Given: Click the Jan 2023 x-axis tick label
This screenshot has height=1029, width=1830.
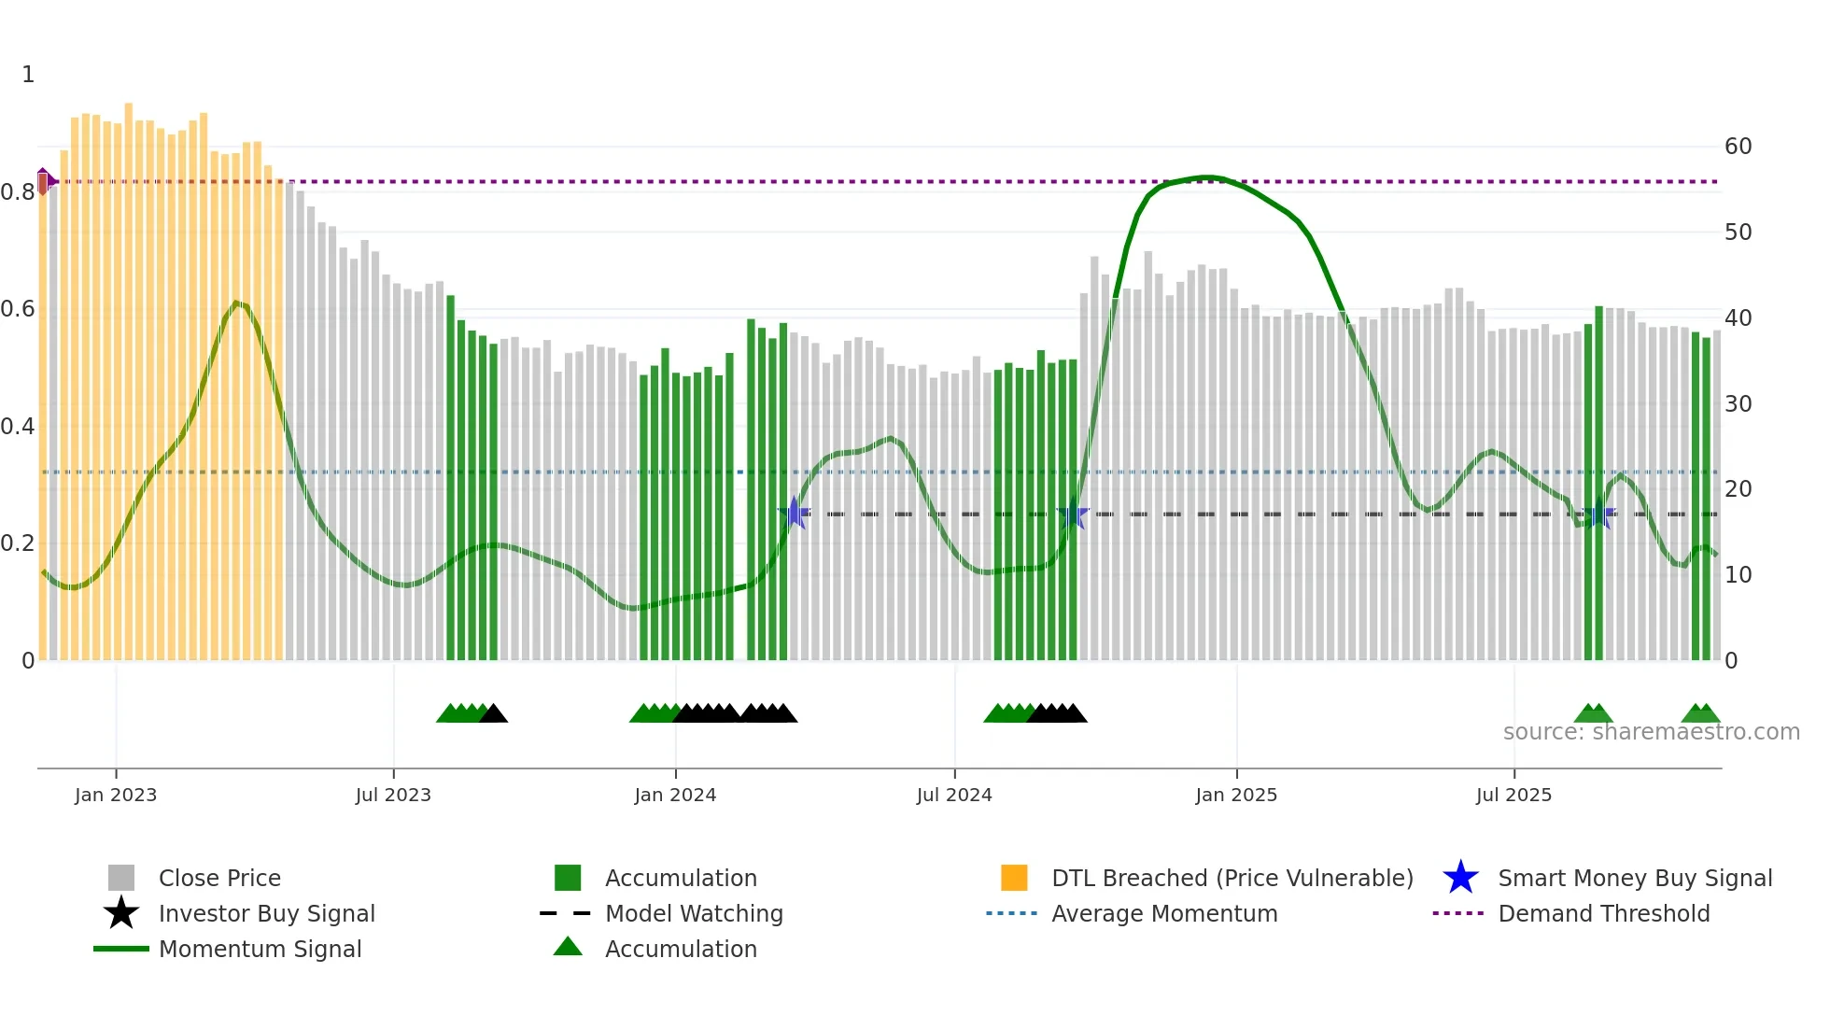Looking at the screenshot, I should [116, 795].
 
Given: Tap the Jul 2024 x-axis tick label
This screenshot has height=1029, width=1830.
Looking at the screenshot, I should [954, 795].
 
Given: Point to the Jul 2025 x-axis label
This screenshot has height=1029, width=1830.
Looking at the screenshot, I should [1513, 795].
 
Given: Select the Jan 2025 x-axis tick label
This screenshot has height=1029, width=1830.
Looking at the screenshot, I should [1236, 795].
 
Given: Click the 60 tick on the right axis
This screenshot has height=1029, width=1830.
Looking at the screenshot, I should [1738, 147].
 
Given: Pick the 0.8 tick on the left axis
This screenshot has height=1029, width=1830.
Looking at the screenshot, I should [18, 192].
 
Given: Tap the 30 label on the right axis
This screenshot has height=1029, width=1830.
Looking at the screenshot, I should [1738, 404].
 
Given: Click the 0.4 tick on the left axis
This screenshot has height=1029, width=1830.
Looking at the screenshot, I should [18, 427].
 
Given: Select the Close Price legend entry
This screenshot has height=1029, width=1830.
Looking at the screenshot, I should [219, 878].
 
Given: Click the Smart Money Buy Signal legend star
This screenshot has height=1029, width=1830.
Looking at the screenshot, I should [1460, 878].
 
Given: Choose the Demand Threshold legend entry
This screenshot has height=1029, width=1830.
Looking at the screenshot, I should [1603, 913].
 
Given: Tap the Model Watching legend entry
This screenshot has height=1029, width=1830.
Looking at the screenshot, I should [694, 913].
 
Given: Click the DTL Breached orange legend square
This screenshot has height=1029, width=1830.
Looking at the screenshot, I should [1014, 878].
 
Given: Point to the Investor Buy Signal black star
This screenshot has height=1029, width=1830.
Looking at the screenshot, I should [121, 913].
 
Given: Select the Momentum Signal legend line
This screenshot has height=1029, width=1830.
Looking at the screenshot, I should [121, 949].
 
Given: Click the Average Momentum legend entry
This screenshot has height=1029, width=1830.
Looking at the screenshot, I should [1164, 913].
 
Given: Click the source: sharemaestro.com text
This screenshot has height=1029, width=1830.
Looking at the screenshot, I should [1651, 732].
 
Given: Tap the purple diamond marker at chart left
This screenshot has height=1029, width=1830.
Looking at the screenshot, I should [44, 180].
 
